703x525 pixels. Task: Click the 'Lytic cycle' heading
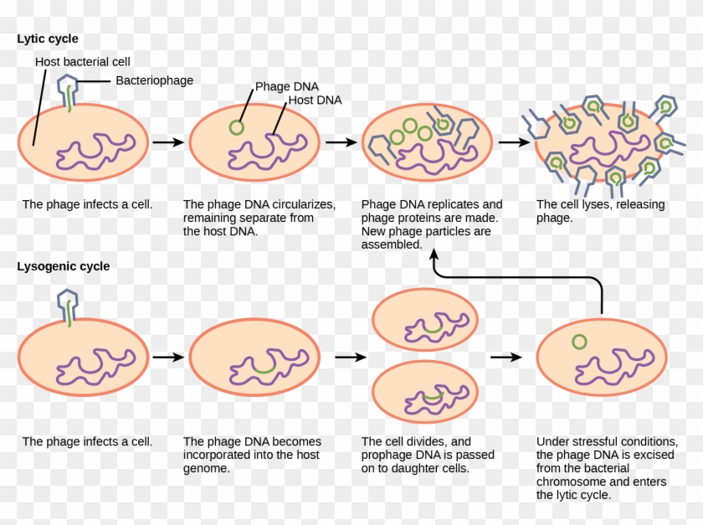coord(48,39)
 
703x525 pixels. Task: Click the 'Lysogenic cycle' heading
coord(63,266)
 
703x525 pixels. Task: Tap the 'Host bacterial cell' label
coord(82,62)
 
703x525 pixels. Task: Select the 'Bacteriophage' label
coord(154,80)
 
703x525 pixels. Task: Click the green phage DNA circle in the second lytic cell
coord(236,127)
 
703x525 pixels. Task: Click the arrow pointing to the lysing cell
coord(513,142)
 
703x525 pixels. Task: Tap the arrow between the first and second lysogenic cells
coord(169,357)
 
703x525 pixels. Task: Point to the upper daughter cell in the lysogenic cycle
coord(424,322)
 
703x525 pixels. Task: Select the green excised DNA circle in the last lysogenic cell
coord(578,342)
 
